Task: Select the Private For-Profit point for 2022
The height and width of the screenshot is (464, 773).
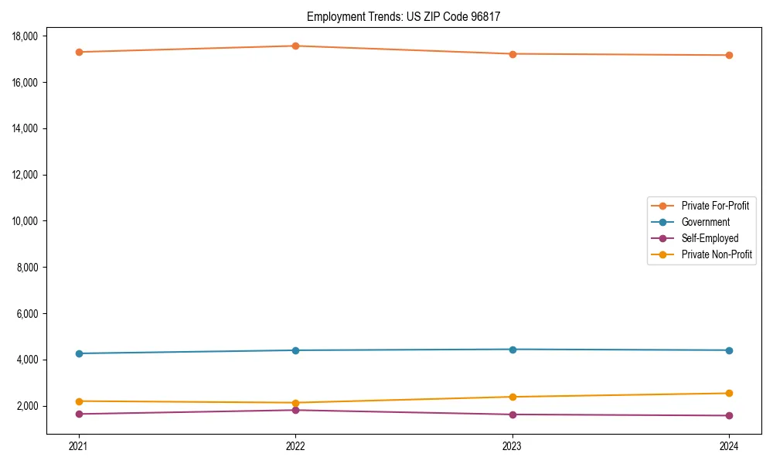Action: click(295, 46)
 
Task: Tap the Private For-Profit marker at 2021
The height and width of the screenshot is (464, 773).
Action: click(78, 52)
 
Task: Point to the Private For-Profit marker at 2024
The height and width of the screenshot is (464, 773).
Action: click(729, 55)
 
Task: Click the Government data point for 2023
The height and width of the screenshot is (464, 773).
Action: click(512, 350)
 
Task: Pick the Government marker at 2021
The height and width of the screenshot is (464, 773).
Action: click(78, 353)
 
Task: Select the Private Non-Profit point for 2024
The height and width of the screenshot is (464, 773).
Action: click(729, 393)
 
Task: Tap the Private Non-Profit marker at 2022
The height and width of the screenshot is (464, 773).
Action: click(295, 403)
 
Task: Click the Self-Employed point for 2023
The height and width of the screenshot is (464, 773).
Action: click(512, 415)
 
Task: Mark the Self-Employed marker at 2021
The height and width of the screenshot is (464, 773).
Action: click(78, 414)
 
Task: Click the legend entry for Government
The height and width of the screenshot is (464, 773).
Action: click(705, 222)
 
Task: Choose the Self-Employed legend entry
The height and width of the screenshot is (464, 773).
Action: click(710, 238)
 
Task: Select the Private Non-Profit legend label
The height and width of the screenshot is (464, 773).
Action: click(717, 254)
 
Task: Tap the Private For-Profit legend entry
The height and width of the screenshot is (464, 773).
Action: click(715, 206)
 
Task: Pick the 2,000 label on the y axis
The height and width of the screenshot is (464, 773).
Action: click(29, 407)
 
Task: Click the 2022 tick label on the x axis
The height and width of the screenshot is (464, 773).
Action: click(295, 445)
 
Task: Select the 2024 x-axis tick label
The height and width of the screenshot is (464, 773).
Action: click(729, 445)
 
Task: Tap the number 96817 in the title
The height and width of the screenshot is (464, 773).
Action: click(485, 16)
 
